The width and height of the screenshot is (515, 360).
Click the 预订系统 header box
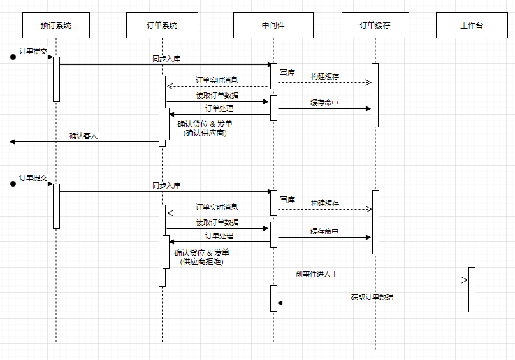tap(55, 25)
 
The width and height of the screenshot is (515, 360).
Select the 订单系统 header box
tap(161, 25)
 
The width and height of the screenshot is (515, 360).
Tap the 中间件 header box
tap(273, 25)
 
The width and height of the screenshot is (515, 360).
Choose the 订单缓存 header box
tap(375, 25)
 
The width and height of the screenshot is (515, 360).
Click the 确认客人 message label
tap(83, 136)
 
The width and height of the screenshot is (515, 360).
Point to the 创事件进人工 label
tap(316, 274)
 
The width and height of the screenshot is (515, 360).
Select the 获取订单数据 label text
tap(372, 297)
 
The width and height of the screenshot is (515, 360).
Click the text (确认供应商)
tap(205, 133)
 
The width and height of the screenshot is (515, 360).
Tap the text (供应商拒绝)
tap(202, 261)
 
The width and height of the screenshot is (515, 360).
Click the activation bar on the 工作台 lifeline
tap(472, 289)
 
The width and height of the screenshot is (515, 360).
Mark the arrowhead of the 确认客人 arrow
tap(13, 141)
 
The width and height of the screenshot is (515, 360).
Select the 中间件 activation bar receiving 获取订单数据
tap(273, 298)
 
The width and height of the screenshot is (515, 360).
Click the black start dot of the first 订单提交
tap(13, 57)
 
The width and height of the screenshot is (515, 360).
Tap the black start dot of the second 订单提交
tap(13, 184)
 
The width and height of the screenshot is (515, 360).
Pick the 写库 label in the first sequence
tap(287, 73)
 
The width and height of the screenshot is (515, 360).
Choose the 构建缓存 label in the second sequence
tap(325, 203)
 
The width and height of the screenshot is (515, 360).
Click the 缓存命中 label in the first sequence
tap(324, 103)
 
